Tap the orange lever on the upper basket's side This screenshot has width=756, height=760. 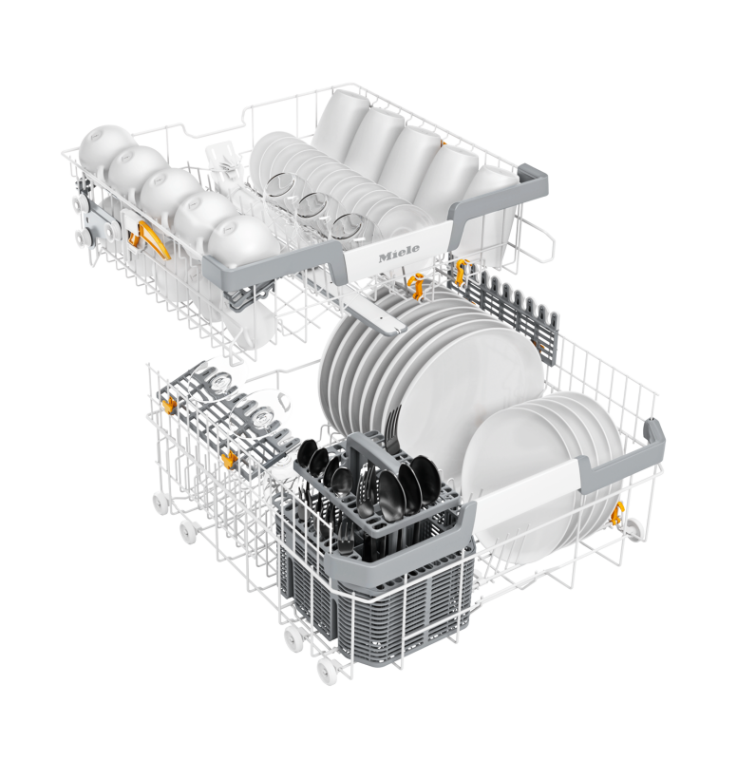point(153,239)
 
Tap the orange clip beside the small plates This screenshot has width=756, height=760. point(617,514)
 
